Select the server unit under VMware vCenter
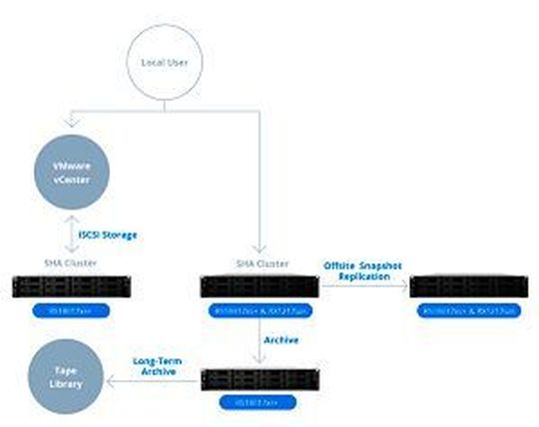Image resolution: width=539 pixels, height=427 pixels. point(67,288)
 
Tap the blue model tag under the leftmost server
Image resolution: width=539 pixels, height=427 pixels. point(67,310)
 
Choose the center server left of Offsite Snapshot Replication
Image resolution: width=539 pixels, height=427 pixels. point(260,288)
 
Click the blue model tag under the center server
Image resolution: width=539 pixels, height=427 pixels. point(260,310)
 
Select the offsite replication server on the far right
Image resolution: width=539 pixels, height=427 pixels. point(471,288)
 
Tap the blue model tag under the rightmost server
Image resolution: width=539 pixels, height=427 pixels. point(471,310)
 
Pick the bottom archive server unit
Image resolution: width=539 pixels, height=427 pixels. point(260,380)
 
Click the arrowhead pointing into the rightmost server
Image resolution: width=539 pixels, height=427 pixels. point(406,288)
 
